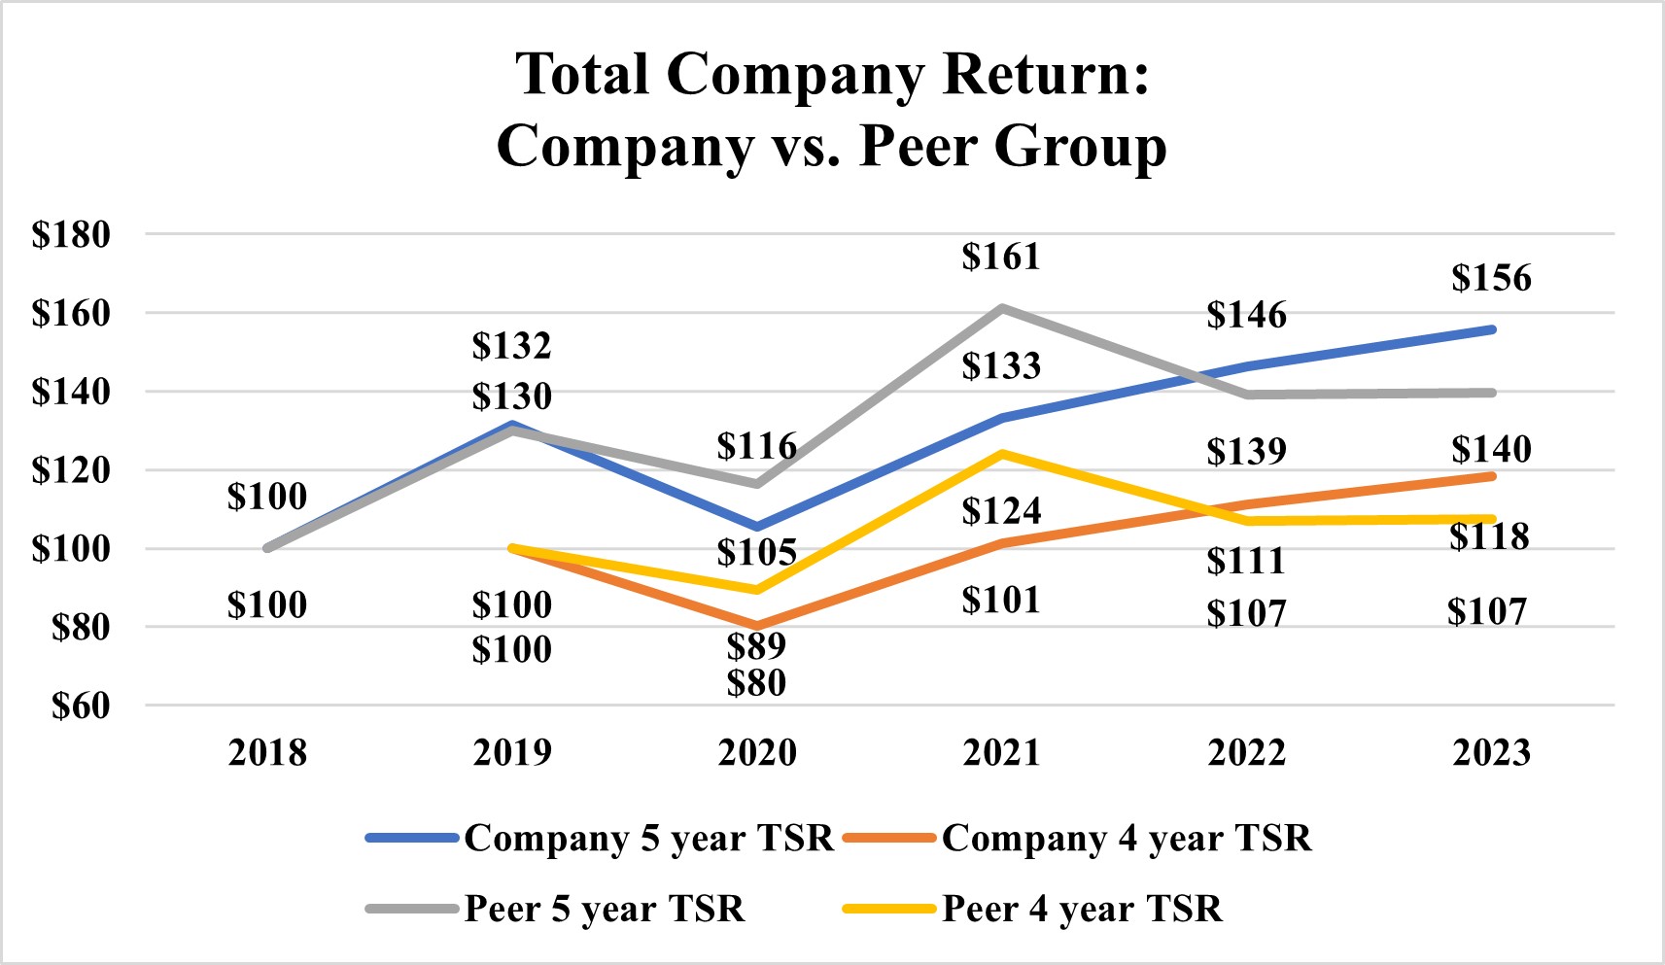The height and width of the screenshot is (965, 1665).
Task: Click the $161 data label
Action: point(1001,257)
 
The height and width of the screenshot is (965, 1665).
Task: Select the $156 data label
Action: point(1491,278)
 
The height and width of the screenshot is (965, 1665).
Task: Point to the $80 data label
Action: point(756,683)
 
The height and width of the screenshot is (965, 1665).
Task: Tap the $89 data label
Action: point(756,645)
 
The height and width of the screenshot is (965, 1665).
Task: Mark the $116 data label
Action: point(756,446)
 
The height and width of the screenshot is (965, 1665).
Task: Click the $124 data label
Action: point(1001,511)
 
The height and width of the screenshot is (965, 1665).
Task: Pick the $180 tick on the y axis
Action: point(71,234)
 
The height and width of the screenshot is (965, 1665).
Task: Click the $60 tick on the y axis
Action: point(81,706)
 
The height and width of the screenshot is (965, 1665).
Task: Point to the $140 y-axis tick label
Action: point(71,392)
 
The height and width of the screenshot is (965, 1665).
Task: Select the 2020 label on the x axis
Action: point(756,752)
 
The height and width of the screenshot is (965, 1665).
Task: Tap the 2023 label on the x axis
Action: point(1491,752)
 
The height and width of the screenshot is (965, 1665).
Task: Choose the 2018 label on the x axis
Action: point(267,752)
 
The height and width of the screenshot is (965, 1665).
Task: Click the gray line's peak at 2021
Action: point(1001,308)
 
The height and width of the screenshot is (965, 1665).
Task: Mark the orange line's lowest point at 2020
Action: point(756,626)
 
